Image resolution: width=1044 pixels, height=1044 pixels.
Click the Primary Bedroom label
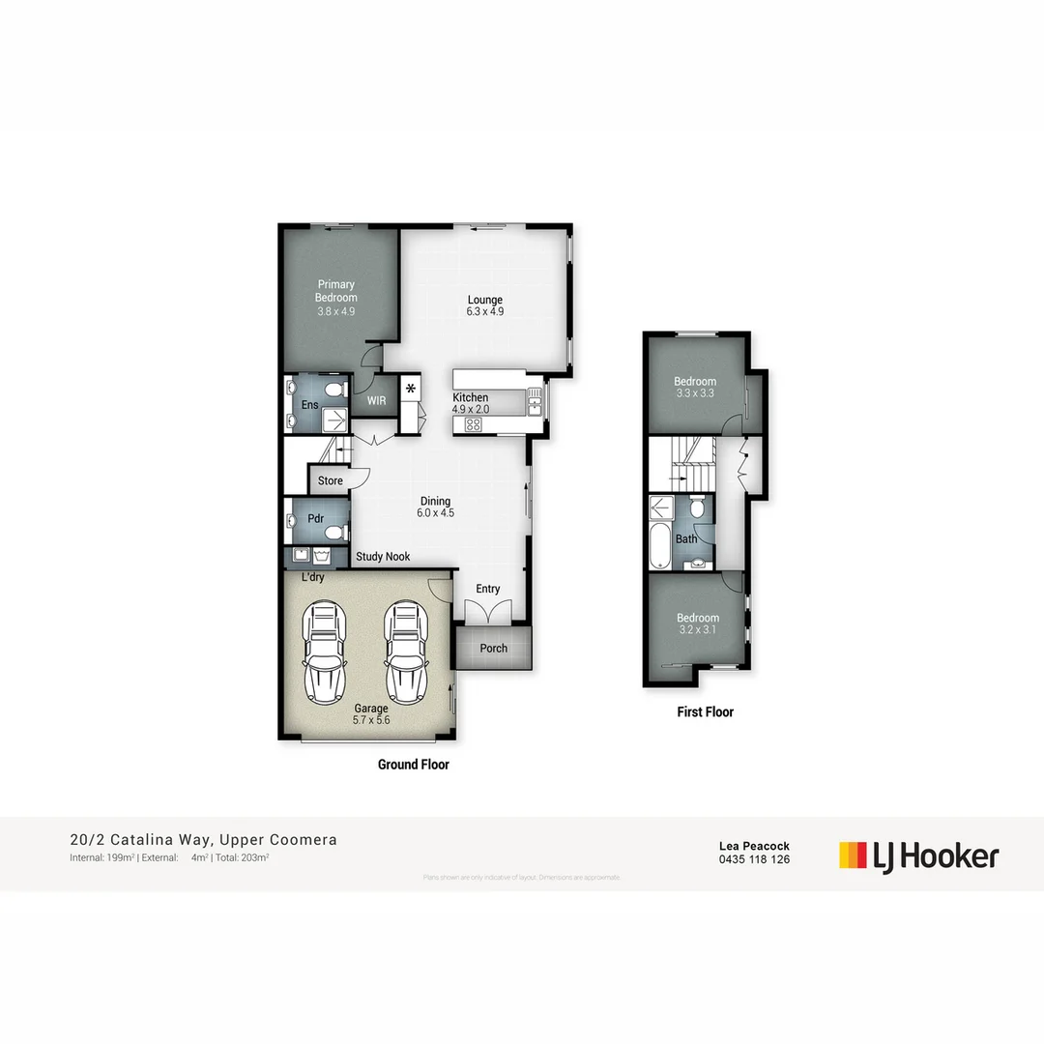[x=336, y=291]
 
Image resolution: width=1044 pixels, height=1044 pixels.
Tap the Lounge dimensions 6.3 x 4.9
[x=484, y=312]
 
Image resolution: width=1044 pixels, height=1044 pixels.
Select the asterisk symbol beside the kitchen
[x=411, y=390]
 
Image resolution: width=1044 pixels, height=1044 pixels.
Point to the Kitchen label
[x=471, y=397]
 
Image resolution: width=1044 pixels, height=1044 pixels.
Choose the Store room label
[x=331, y=480]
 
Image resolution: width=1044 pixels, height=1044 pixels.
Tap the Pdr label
[x=315, y=518]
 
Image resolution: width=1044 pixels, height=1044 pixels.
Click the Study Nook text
[x=383, y=557]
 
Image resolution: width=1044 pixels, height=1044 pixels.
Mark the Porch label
[x=494, y=648]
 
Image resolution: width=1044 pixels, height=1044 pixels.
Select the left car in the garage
[x=324, y=652]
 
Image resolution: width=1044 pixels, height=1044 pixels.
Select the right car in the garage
[x=404, y=652]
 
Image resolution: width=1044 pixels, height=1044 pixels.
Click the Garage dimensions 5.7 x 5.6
[x=370, y=720]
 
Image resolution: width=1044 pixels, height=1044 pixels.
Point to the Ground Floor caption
[x=413, y=765]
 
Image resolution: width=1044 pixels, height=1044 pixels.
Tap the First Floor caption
[x=705, y=712]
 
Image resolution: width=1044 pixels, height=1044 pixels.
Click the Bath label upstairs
[x=686, y=538]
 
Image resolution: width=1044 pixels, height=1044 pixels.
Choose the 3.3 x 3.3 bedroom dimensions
[x=695, y=394]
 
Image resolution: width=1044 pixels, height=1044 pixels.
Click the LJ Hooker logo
[x=918, y=855]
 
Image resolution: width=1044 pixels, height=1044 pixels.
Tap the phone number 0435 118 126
[x=754, y=859]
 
